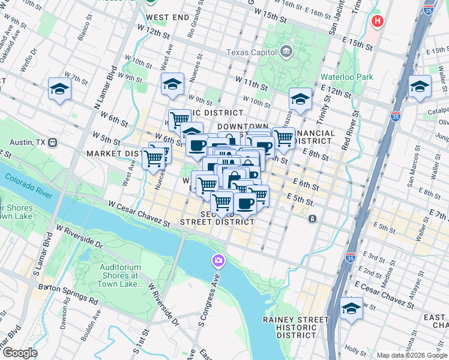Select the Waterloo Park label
pyautogui.click(x=346, y=77)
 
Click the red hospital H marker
pyautogui.click(x=377, y=22)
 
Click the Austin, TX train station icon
pyautogui.click(x=52, y=143)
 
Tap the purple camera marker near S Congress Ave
pyautogui.click(x=217, y=260)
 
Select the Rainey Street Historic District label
pyautogui.click(x=298, y=327)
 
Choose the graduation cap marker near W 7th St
pyautogui.click(x=60, y=89)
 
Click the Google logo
pyautogui.click(x=20, y=353)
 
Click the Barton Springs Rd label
pyautogui.click(x=68, y=292)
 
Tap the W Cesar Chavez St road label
pyautogui.click(x=139, y=214)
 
